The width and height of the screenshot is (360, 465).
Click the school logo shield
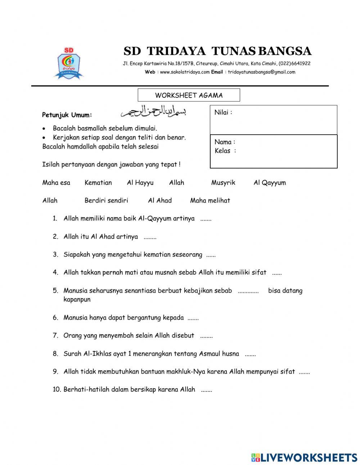[x=68, y=63]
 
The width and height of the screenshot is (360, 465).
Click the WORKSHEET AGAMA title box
[x=189, y=95]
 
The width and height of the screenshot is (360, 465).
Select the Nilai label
[x=223, y=112]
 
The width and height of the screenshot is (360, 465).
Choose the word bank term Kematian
[x=98, y=183]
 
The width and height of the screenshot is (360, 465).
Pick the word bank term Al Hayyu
[x=140, y=183]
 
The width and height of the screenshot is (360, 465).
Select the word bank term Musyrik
[x=223, y=183]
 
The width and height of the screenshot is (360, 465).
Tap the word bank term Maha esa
[x=56, y=183]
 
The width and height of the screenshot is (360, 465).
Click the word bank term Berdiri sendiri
[x=106, y=201]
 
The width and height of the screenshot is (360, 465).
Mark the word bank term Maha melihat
[x=210, y=201]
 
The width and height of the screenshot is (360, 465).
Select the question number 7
[x=55, y=336]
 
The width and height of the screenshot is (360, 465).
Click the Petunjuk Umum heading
[x=67, y=115]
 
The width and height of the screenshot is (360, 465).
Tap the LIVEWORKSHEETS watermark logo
[x=304, y=457]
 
